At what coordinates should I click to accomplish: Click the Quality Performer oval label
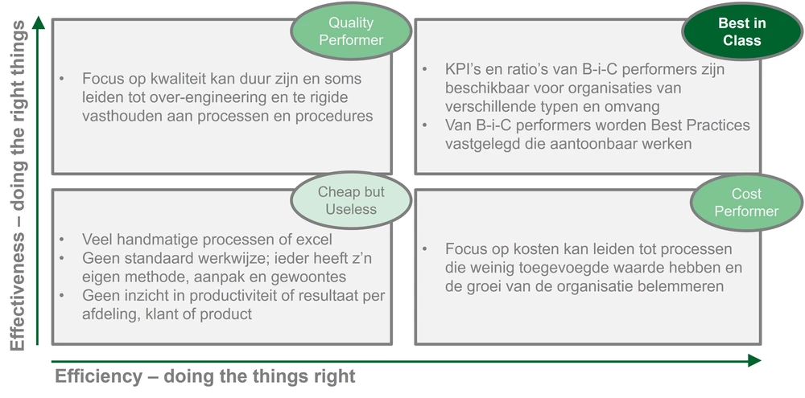351,31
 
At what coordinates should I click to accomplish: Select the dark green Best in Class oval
741,31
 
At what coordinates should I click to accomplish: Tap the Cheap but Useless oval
351,200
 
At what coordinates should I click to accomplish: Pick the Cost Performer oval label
746,203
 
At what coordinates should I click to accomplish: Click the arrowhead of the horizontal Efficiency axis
754,360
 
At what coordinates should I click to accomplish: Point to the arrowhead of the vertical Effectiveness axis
38,23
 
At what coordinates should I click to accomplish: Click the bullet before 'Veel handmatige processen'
62,240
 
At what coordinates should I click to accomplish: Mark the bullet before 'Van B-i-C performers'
425,125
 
